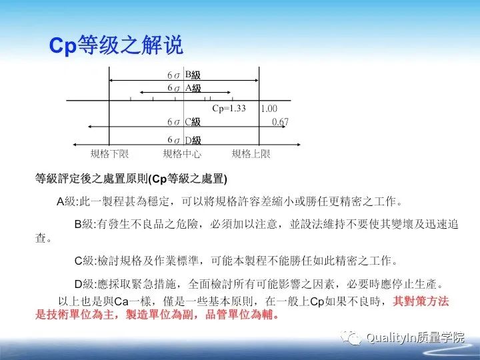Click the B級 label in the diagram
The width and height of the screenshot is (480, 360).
(193, 75)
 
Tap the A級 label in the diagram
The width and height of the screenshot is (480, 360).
(193, 87)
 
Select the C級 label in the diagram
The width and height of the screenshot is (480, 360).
(193, 122)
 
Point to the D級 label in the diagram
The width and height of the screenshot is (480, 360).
(193, 140)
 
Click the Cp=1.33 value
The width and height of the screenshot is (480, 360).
(229, 108)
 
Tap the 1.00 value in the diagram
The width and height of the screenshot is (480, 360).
(269, 109)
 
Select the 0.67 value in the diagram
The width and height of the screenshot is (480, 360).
(280, 122)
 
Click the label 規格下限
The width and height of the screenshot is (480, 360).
(109, 154)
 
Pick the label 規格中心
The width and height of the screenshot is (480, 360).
(182, 154)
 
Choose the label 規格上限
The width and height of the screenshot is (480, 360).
(251, 154)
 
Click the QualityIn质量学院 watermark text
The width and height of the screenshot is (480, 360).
(415, 337)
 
